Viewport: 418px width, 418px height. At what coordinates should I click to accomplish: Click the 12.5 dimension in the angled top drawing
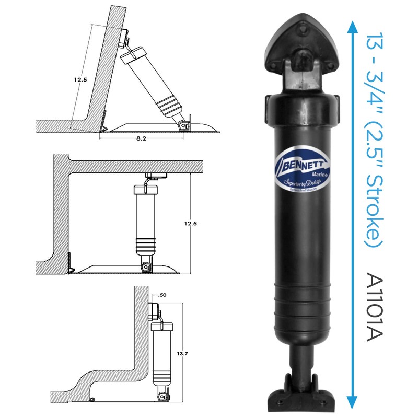pyautogui.click(x=80, y=80)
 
